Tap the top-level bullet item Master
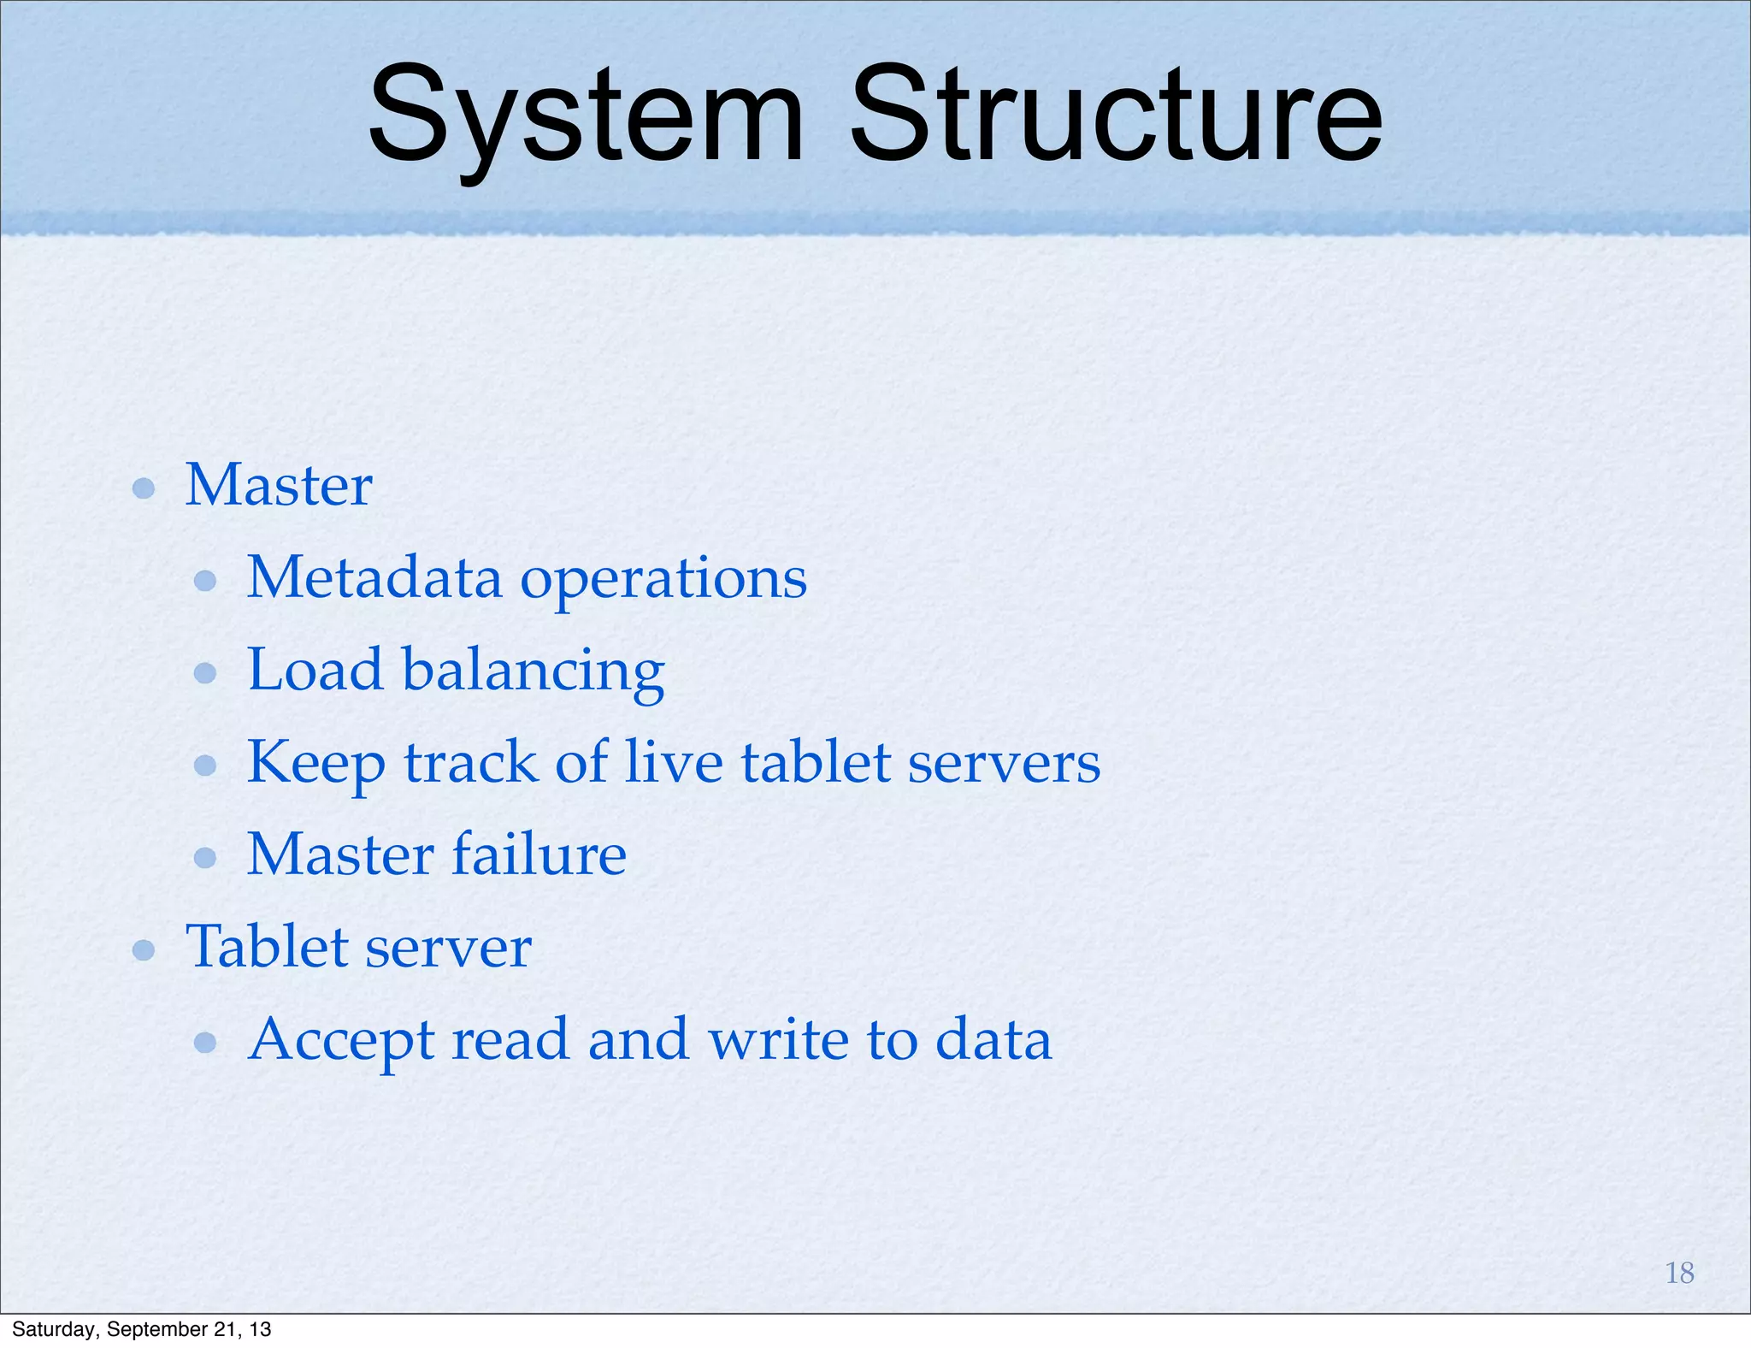coord(279,485)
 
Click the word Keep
coord(315,764)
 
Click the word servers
coord(1004,763)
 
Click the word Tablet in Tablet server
coord(267,947)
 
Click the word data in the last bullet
coord(993,1040)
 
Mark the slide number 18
coord(1679,1273)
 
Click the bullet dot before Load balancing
coord(205,673)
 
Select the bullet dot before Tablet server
coord(144,950)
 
